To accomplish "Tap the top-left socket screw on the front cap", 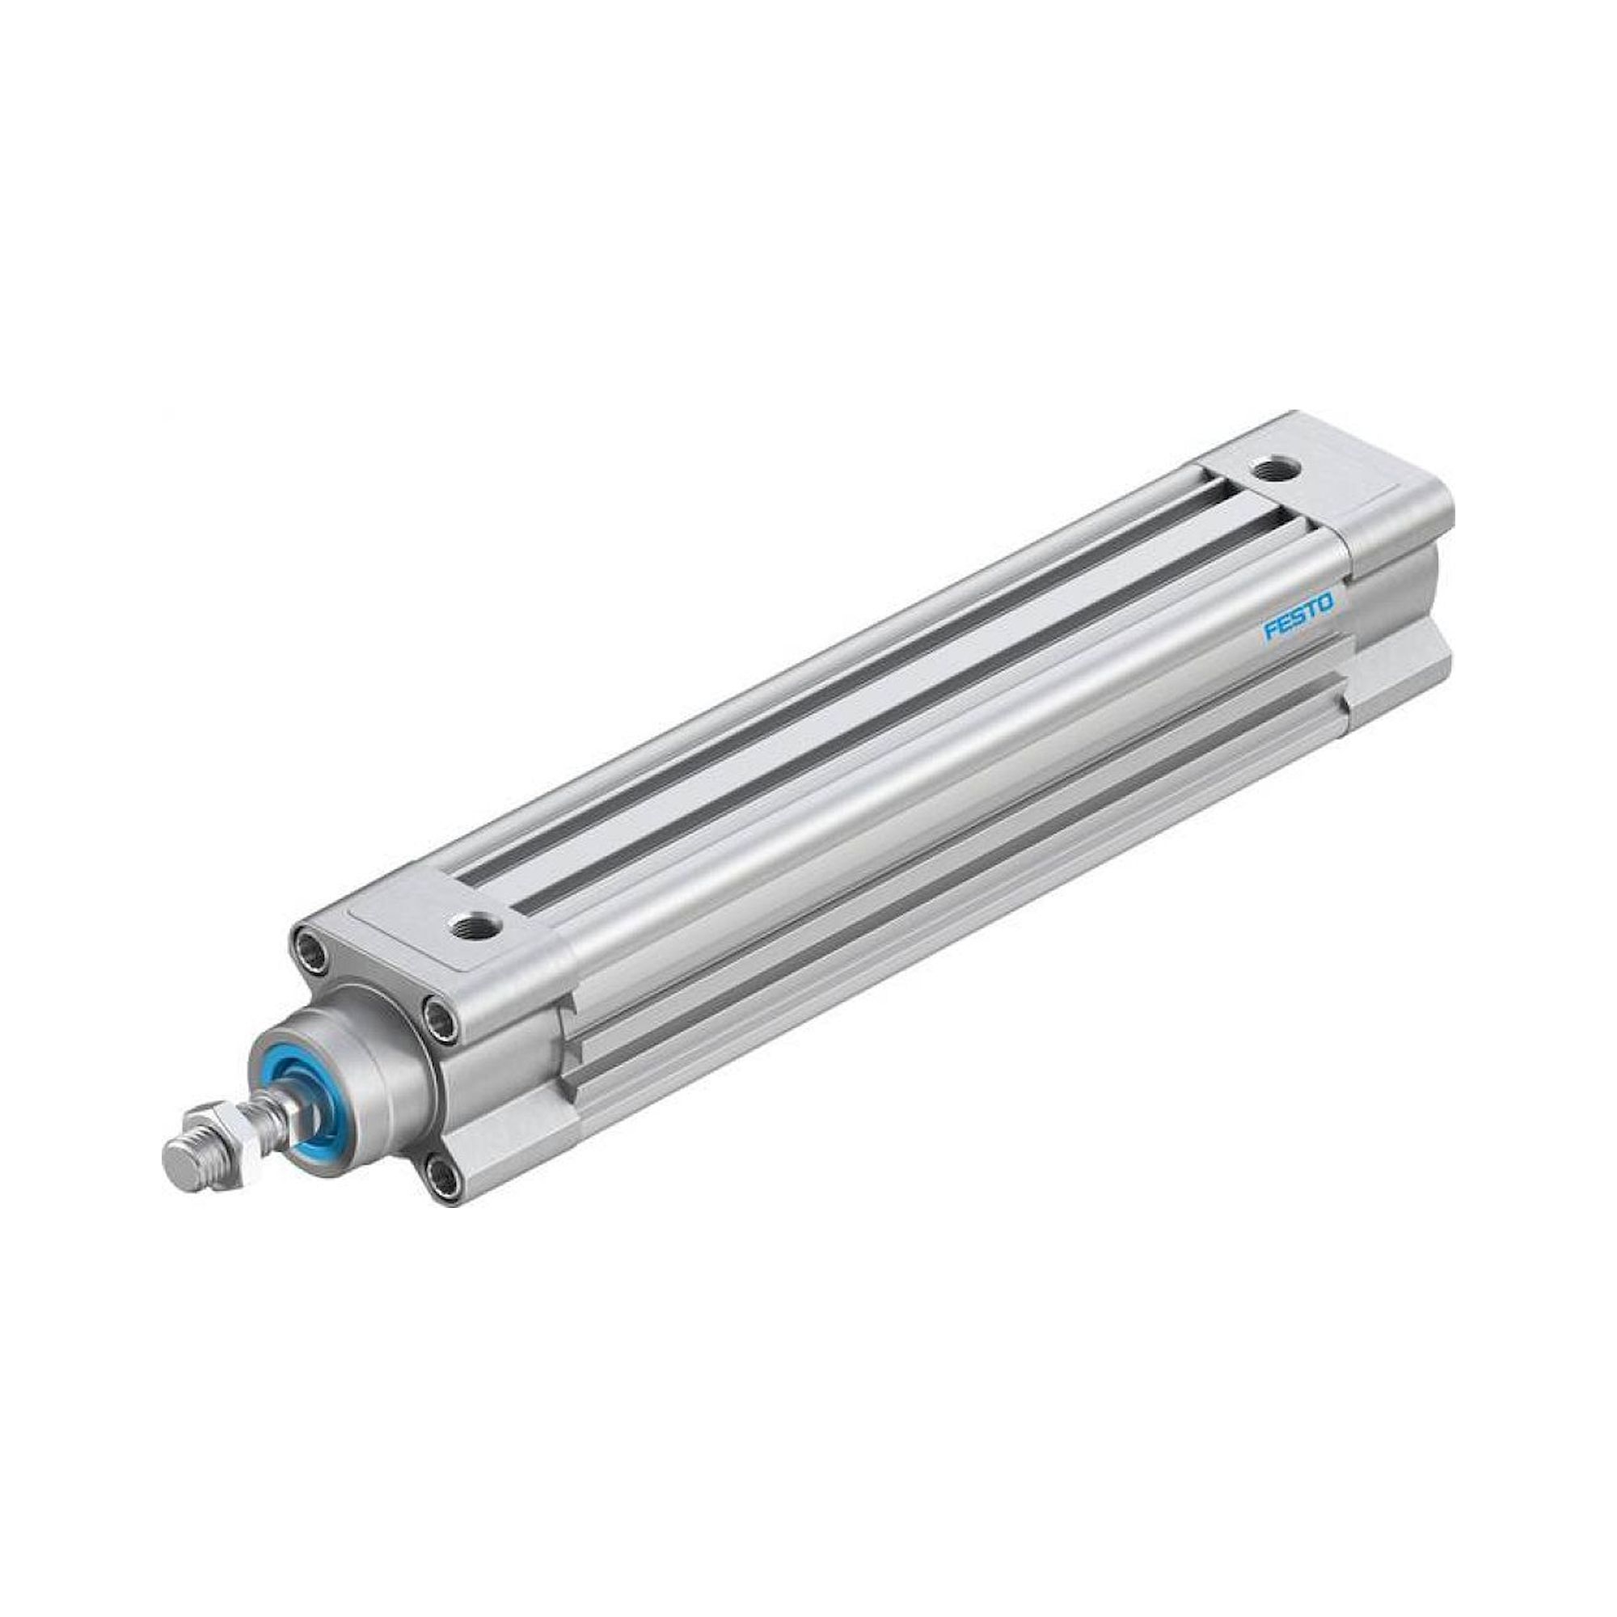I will pos(311,949).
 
